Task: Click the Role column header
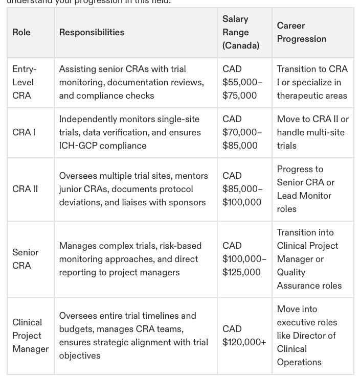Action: coord(21,32)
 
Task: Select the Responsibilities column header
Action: coord(92,32)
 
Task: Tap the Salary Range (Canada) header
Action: coord(240,32)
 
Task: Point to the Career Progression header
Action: coord(301,32)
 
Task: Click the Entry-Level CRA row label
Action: coord(24,82)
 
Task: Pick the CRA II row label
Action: coord(25,189)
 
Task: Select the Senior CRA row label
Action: coord(25,259)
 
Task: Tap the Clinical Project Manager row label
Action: coord(30,336)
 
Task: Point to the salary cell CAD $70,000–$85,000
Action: coord(242,132)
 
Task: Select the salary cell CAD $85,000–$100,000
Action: coord(242,189)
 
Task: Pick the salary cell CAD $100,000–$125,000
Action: coord(244,259)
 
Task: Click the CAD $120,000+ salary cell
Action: coord(244,336)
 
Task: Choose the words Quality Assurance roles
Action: coord(309,279)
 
